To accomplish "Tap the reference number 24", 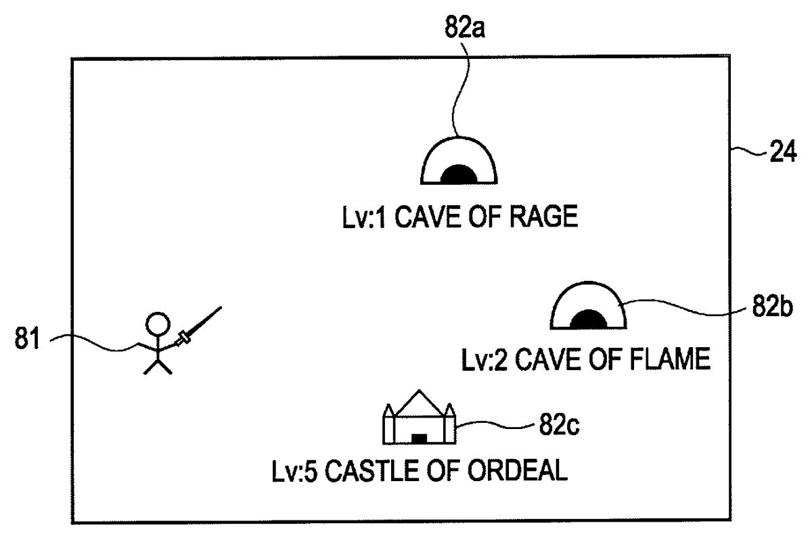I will [x=783, y=154].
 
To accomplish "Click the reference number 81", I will [x=28, y=338].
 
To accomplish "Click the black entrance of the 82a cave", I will [x=459, y=175].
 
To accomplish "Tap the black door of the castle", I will [x=420, y=438].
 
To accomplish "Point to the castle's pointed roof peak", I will [x=420, y=392].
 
